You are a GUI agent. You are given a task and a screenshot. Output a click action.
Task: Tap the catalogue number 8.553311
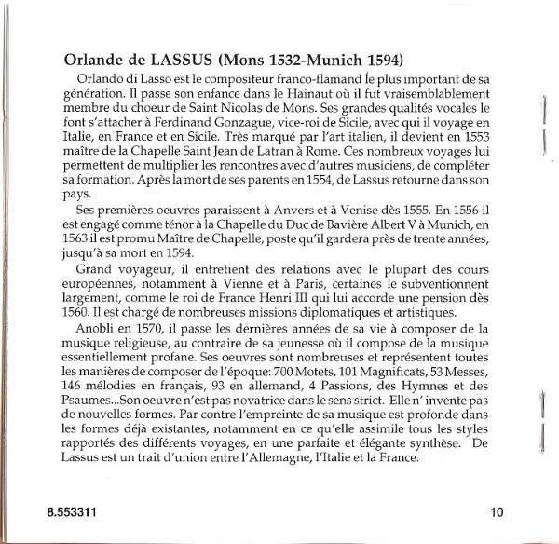pyautogui.click(x=71, y=510)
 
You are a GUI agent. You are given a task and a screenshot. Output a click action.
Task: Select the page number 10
pyautogui.click(x=495, y=510)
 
